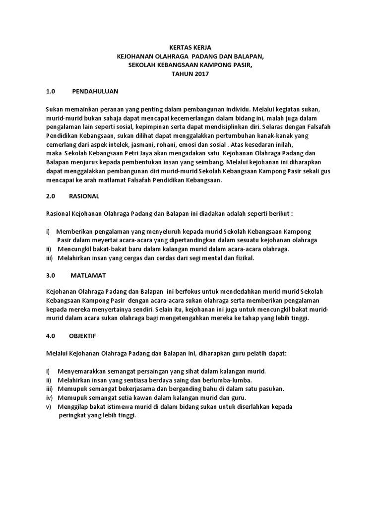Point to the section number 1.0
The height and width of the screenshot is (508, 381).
(50, 91)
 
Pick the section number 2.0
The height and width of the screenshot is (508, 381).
(50, 196)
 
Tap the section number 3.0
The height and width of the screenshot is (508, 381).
(50, 274)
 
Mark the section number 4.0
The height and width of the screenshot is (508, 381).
(50, 335)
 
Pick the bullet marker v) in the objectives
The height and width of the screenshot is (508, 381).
(48, 406)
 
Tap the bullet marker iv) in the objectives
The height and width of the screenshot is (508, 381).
(49, 397)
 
